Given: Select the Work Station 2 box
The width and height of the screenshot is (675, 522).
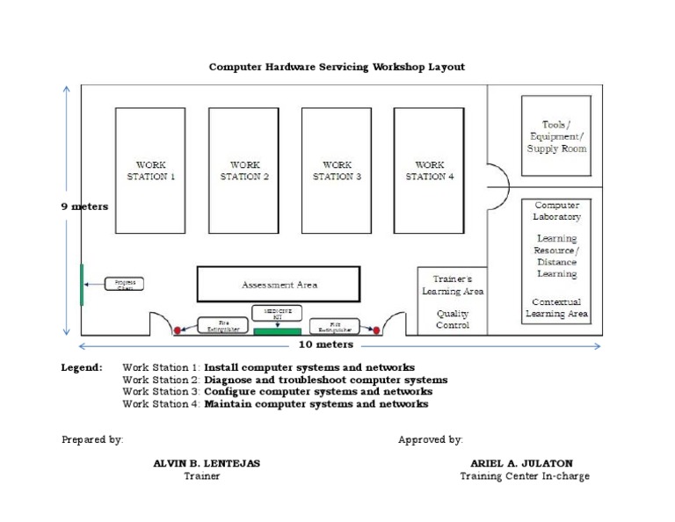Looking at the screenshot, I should pyautogui.click(x=243, y=170).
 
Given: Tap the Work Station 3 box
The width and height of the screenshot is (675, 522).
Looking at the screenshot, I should pyautogui.click(x=337, y=170).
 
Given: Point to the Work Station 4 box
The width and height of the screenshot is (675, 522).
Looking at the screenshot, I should pyautogui.click(x=429, y=170).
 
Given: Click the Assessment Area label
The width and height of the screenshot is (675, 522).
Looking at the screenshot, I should pyautogui.click(x=279, y=285).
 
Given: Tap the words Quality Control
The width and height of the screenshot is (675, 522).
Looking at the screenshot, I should pyautogui.click(x=453, y=319).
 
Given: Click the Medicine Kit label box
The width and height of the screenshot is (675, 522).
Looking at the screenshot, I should pyautogui.click(x=277, y=312).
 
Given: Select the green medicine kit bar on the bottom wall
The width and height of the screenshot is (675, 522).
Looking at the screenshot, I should pyautogui.click(x=277, y=331).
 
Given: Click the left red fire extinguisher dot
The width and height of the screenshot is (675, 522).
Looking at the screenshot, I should pyautogui.click(x=178, y=330).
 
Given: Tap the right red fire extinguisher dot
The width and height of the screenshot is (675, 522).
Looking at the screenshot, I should pyautogui.click(x=376, y=330).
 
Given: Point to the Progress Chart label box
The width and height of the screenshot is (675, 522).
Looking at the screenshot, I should pyautogui.click(x=124, y=284).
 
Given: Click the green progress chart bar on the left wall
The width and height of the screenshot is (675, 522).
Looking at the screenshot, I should pyautogui.click(x=82, y=285).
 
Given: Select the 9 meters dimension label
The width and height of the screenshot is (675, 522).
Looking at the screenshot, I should pyautogui.click(x=84, y=207).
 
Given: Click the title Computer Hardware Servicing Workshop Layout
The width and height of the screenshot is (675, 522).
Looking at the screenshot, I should pyautogui.click(x=337, y=66).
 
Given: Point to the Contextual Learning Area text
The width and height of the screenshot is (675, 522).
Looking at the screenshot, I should pyautogui.click(x=556, y=308).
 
